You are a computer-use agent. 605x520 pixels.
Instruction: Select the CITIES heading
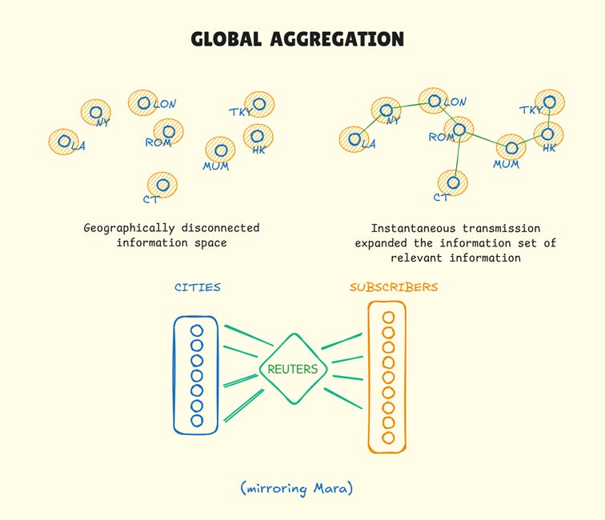[197, 287]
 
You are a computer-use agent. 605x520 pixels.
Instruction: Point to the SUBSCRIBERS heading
[394, 286]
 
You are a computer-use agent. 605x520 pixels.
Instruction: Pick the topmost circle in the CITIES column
[197, 330]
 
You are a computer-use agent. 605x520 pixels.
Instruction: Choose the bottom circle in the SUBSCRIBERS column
[388, 438]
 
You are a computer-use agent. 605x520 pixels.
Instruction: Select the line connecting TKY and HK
[549, 118]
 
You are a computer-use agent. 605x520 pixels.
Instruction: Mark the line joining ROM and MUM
[486, 138]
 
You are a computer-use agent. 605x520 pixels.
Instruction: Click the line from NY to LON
[410, 106]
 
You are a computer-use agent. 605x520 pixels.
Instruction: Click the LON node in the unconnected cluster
[143, 102]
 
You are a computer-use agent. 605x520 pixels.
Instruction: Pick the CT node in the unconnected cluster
[162, 185]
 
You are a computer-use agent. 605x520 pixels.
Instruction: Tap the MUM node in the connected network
[511, 148]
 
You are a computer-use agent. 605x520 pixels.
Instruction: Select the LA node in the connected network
[354, 140]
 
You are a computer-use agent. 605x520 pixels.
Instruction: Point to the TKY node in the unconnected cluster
[259, 104]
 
